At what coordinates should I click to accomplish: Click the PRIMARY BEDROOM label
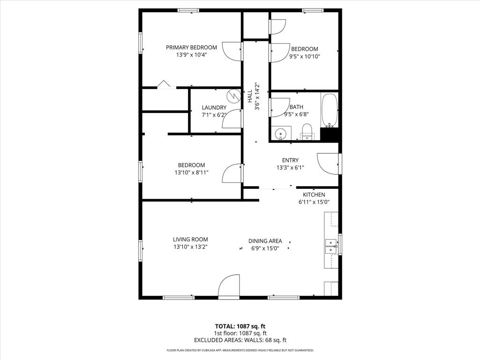pyautogui.click(x=191, y=47)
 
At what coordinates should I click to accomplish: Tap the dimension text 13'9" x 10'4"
pyautogui.click(x=191, y=55)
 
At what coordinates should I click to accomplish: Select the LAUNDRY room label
pyautogui.click(x=214, y=107)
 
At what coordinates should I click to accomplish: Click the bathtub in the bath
pyautogui.click(x=329, y=110)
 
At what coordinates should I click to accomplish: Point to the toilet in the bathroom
pyautogui.click(x=307, y=131)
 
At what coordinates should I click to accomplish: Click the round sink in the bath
pyautogui.click(x=280, y=134)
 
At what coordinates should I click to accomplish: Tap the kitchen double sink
pyautogui.click(x=331, y=247)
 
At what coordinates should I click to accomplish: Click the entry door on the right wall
pyautogui.click(x=328, y=163)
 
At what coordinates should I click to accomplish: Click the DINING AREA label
pyautogui.click(x=265, y=241)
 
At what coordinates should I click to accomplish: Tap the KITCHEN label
pyautogui.click(x=314, y=195)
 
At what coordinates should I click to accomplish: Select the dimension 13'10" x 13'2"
pyautogui.click(x=190, y=247)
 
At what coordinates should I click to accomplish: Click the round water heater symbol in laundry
pyautogui.click(x=233, y=96)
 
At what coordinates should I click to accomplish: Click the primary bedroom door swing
pyautogui.click(x=232, y=51)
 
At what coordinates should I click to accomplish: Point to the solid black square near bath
pyautogui.click(x=330, y=134)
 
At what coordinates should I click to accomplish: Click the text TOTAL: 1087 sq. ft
pyautogui.click(x=240, y=326)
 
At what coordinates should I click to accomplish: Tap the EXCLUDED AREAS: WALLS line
pyautogui.click(x=240, y=340)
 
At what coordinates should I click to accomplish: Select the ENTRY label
pyautogui.click(x=290, y=160)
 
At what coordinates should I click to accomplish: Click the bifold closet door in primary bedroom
pyautogui.click(x=164, y=84)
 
